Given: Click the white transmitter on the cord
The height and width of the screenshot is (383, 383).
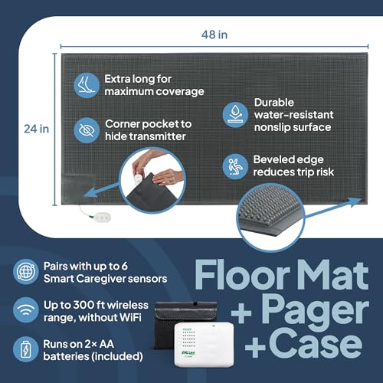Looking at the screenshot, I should (x=102, y=218).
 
